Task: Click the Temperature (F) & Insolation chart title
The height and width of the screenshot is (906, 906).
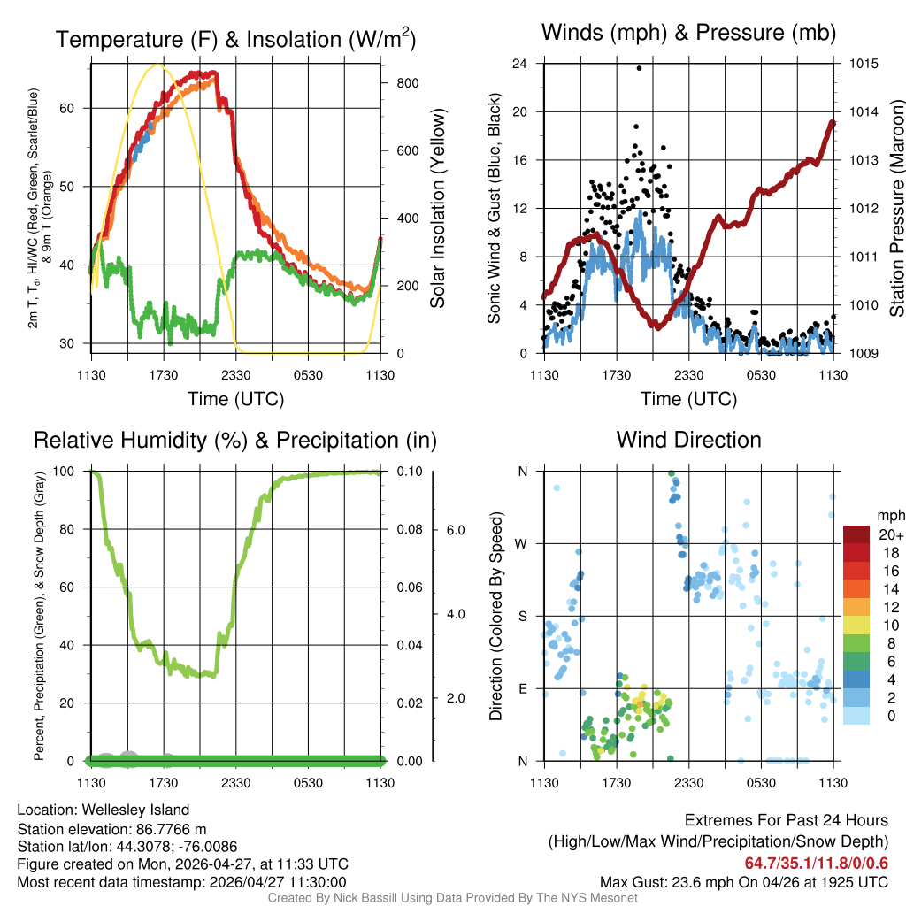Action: [235, 39]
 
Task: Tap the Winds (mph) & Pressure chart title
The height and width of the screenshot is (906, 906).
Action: [688, 33]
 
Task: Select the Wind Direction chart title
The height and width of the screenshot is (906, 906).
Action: [688, 440]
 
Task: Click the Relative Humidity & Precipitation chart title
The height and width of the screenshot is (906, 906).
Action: [235, 440]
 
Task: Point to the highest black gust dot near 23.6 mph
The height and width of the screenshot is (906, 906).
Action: [639, 67]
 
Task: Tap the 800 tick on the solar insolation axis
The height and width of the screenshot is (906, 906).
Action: [408, 82]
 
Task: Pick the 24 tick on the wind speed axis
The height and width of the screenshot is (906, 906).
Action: [521, 64]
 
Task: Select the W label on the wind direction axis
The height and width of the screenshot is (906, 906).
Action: [522, 543]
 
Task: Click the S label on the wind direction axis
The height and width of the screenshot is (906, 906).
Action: [522, 616]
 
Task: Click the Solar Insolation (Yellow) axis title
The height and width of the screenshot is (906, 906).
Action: [438, 209]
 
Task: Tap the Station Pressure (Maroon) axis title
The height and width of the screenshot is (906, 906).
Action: [895, 209]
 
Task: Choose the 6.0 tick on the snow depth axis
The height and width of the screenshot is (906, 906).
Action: [455, 529]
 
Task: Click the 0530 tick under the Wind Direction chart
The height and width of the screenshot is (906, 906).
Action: [761, 782]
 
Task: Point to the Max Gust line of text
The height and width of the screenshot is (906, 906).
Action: [744, 881]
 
